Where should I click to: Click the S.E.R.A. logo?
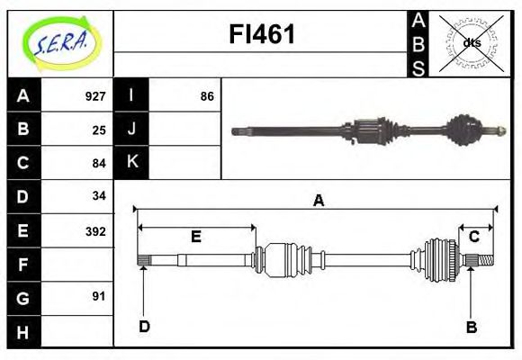[x=59, y=42]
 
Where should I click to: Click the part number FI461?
[x=261, y=35]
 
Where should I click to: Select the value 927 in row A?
[x=95, y=96]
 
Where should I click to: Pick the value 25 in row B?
[x=99, y=130]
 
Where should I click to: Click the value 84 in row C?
[x=99, y=163]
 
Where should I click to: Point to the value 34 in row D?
[x=99, y=196]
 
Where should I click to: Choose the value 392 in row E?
[x=95, y=230]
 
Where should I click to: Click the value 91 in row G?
[x=99, y=296]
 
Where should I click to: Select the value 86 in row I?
[x=207, y=96]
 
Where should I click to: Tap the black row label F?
[x=22, y=264]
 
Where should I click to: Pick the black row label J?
[x=131, y=130]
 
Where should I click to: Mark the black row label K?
[x=131, y=163]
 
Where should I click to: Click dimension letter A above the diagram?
[x=317, y=201]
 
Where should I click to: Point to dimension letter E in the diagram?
[x=195, y=237]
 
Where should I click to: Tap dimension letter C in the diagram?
[x=473, y=237]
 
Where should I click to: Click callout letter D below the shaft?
[x=143, y=327]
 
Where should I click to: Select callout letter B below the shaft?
[x=471, y=327]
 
